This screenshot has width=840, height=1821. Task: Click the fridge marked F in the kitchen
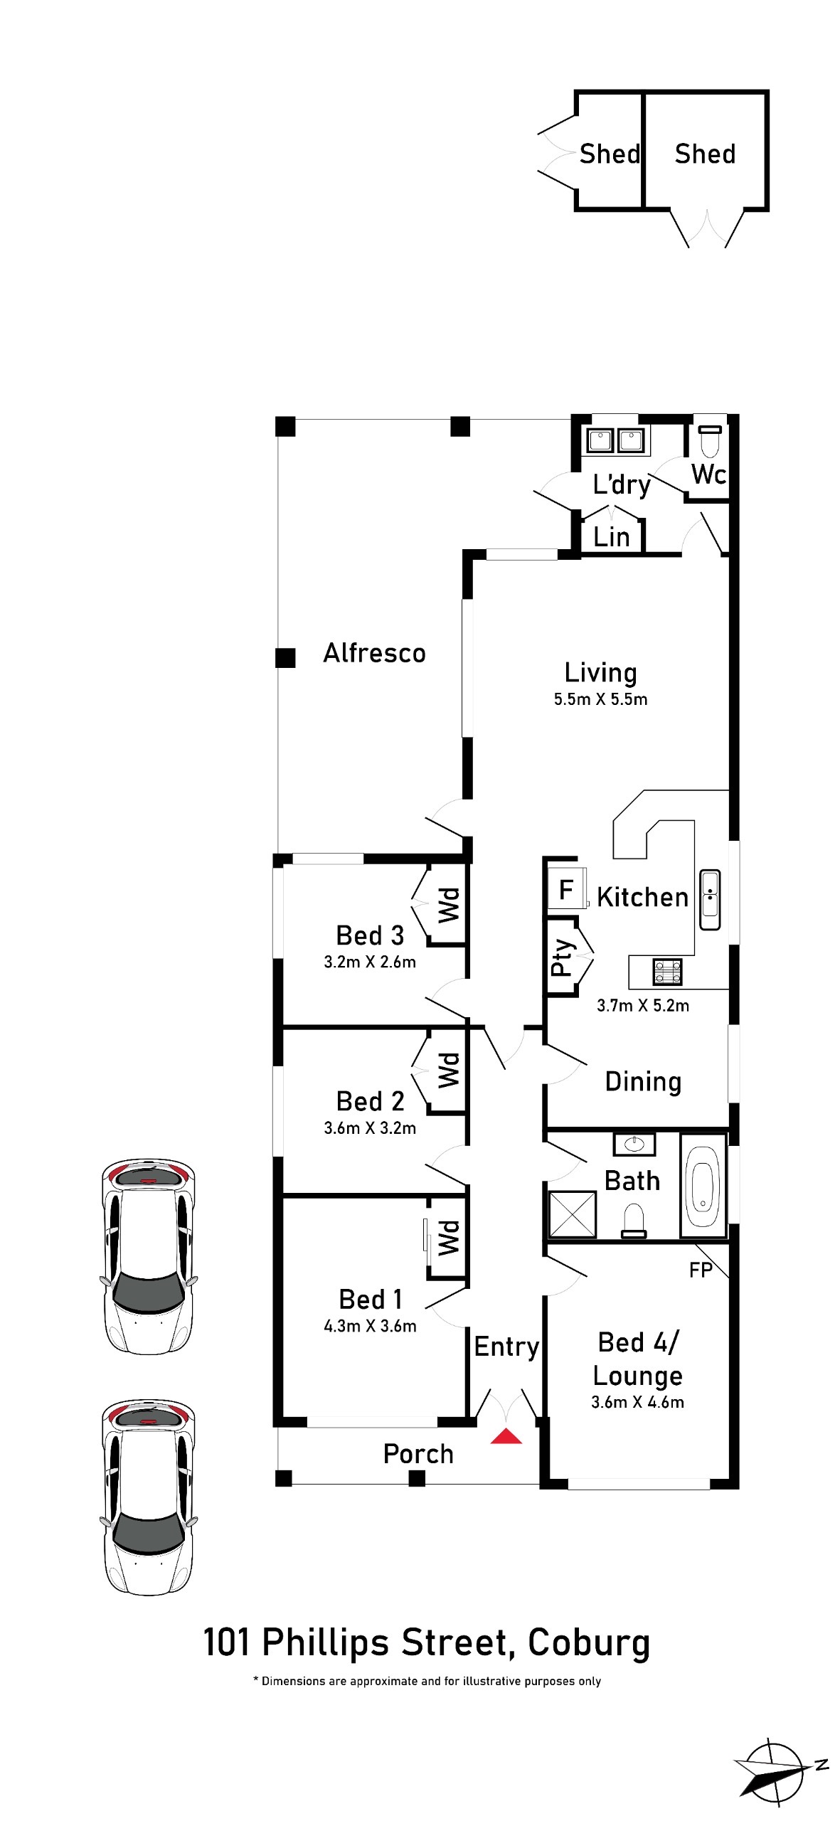pos(567,888)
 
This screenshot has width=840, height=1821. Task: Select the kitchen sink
pos(710,900)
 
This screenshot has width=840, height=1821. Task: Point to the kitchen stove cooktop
pos(668,972)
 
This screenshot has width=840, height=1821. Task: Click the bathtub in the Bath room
pos(703,1184)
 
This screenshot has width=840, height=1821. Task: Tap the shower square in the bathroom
pos(572,1214)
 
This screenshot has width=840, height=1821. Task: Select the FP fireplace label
pos(701,1270)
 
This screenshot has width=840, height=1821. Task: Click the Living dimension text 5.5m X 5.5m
pos(601,699)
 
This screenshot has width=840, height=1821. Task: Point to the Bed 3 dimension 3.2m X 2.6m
pos(370,962)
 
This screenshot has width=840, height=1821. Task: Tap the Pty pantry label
pos(562,957)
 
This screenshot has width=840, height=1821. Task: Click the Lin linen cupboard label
pos(612,537)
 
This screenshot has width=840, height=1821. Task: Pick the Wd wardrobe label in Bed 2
pos(449,1071)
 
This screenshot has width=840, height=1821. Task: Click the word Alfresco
pos(375,653)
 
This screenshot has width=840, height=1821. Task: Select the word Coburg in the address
pos(589,1643)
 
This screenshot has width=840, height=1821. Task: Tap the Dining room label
pos(643,1082)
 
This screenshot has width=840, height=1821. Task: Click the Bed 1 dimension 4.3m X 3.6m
pos(370,1327)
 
